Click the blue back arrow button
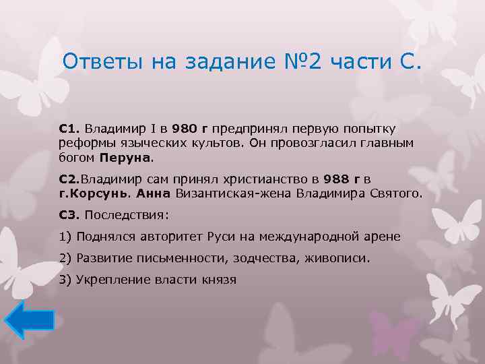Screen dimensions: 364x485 click(29, 319)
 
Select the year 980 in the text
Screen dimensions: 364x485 click(183, 128)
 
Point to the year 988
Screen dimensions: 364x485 click(337, 179)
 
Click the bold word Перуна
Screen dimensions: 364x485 click(126, 159)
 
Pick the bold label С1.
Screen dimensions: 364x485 click(69, 128)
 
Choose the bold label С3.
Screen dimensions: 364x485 click(69, 215)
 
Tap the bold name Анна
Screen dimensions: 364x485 click(154, 194)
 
